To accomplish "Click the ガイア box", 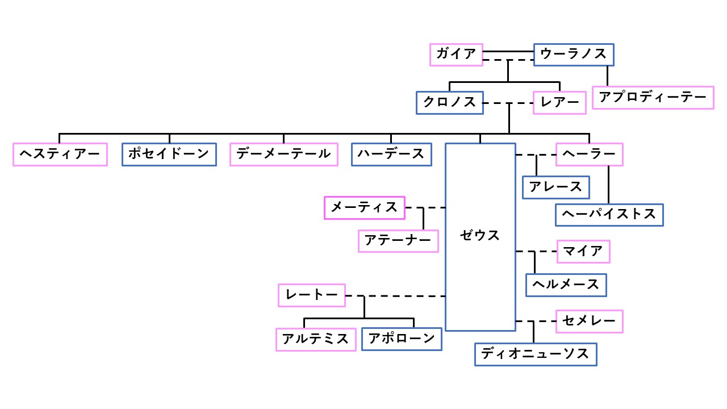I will coord(456,55).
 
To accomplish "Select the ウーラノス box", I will coord(574,55).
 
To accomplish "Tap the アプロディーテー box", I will coord(653,98).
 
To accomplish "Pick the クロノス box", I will coord(449,103).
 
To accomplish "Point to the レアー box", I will coord(559,103).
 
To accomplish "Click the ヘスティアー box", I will coord(60,154).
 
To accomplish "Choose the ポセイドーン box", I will coord(169,154).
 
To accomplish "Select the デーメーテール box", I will coord(283,154).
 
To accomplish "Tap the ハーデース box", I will coord(391,154).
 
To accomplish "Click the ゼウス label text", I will coord(480,236).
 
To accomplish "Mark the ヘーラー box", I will coord(589,154).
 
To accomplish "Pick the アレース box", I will coord(555,187).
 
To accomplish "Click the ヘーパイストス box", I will coord(609,215).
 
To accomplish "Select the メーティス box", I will coord(364,208).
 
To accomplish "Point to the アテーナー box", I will coord(398,241).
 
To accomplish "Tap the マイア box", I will coord(583,252).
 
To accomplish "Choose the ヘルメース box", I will coord(566,285).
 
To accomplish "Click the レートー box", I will coord(312,295).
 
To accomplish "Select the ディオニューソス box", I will coord(536,354).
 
